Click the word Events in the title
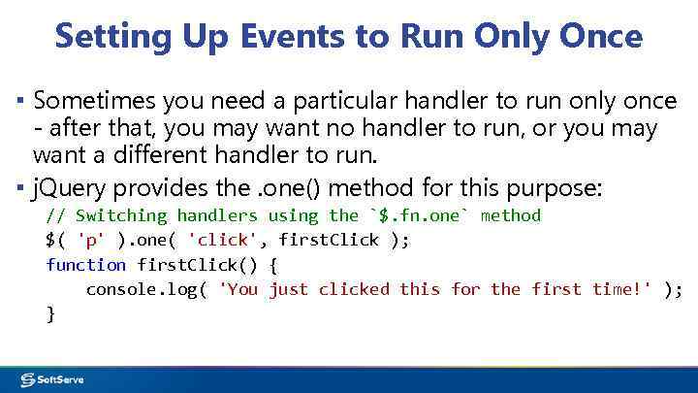click(305, 36)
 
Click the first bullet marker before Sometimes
click(20, 101)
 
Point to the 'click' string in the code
click(221, 240)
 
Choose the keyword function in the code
click(85, 264)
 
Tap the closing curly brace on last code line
click(50, 312)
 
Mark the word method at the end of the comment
click(510, 215)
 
